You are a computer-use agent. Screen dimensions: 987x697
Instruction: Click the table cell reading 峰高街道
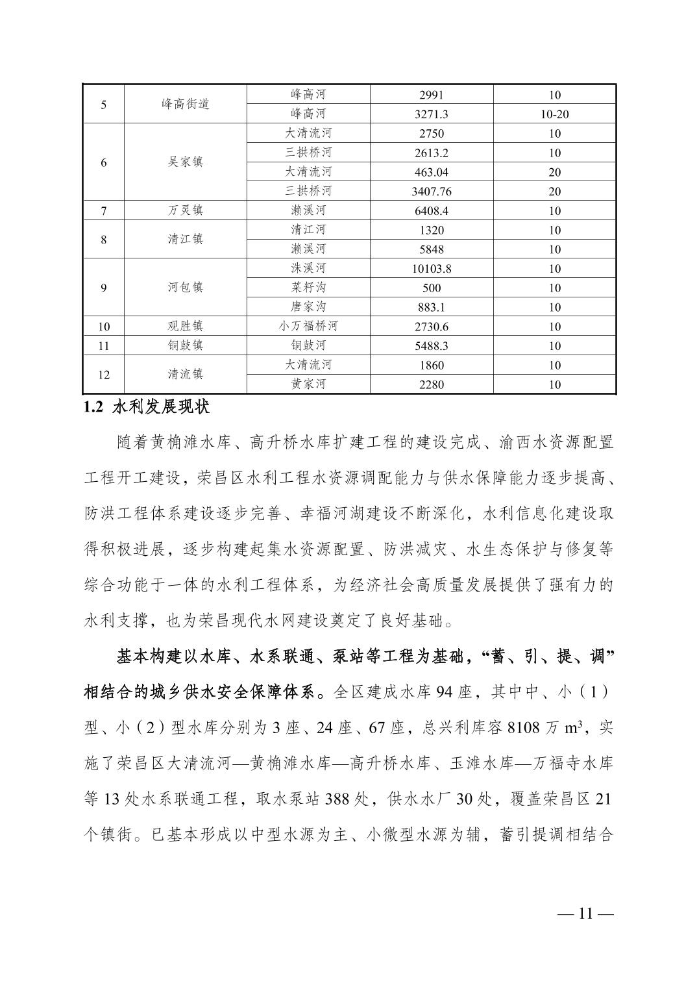coord(185,104)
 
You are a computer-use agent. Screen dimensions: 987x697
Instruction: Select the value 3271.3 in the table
coord(432,114)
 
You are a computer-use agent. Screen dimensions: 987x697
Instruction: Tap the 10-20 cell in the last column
coord(554,114)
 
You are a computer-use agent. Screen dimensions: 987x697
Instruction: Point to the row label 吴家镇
coord(185,162)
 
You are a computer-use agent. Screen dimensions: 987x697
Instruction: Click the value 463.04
coord(432,172)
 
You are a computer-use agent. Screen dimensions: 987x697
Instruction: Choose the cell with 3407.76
coord(432,192)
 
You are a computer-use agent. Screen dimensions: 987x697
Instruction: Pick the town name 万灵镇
coord(185,210)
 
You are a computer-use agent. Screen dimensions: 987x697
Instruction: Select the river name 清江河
coord(308,230)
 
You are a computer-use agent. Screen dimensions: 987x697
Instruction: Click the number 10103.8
coord(432,268)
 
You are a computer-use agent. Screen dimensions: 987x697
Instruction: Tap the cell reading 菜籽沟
coord(308,288)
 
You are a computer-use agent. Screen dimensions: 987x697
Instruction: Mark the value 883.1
coord(432,307)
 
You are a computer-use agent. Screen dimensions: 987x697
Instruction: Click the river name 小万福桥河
coord(308,326)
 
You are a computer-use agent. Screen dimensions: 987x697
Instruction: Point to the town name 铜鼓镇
coord(185,345)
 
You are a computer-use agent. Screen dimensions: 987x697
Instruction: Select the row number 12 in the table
coord(104,375)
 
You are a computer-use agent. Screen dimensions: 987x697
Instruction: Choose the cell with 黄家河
coord(308,384)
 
